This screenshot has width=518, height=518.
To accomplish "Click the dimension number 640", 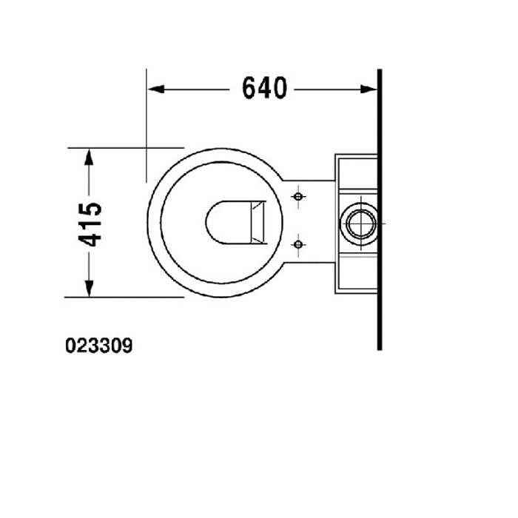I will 264,88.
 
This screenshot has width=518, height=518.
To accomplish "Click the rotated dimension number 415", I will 90,223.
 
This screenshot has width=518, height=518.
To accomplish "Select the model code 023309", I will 99,346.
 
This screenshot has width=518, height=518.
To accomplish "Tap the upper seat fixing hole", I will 298,198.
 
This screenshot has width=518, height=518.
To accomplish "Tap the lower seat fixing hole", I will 298,243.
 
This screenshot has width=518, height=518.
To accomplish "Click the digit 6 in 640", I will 251,88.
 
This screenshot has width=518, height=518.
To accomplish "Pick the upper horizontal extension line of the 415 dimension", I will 126,148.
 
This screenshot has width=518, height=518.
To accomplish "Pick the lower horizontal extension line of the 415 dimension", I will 126,296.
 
